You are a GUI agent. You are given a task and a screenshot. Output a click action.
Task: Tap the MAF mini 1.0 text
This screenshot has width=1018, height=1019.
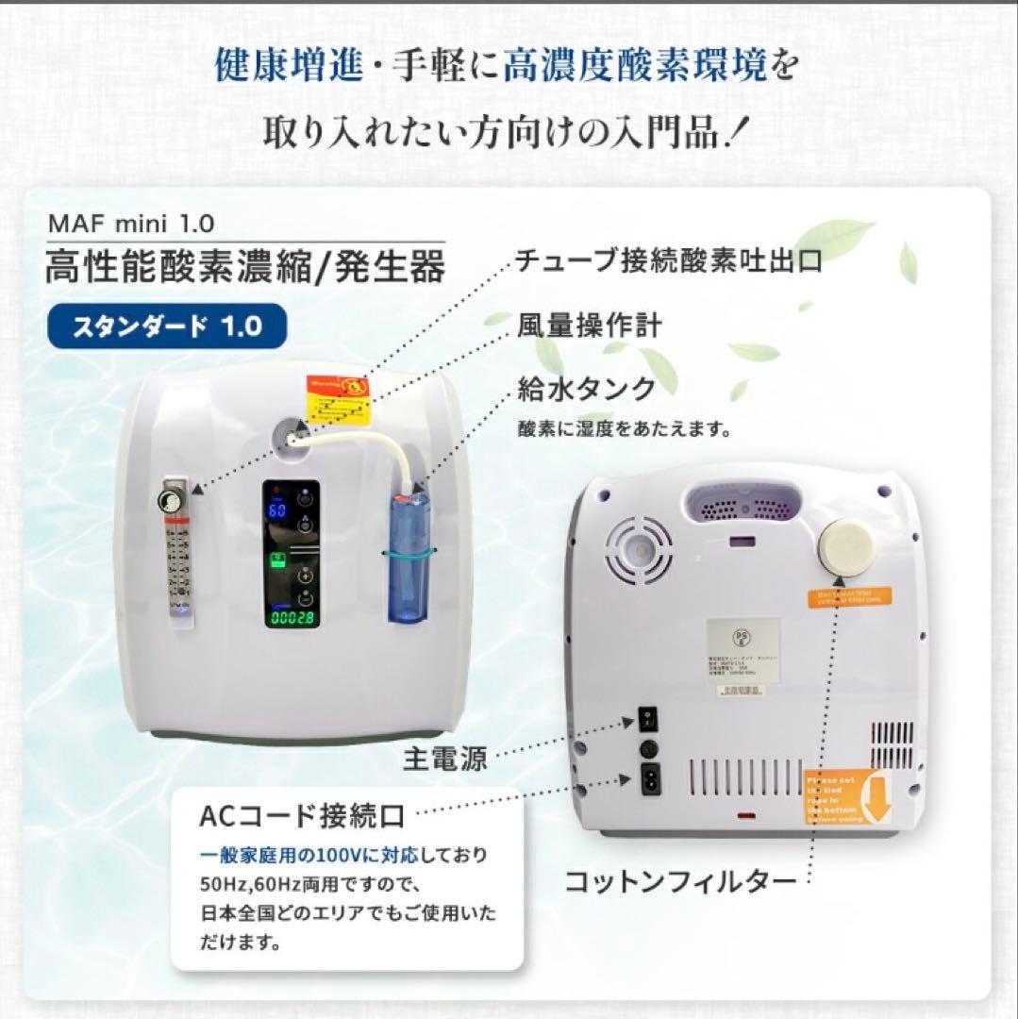pyautogui.click(x=130, y=224)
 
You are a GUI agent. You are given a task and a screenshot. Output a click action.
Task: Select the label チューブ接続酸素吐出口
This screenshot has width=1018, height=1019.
pyautogui.click(x=669, y=261)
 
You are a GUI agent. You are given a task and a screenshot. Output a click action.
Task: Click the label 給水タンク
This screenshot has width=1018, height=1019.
pyautogui.click(x=585, y=387)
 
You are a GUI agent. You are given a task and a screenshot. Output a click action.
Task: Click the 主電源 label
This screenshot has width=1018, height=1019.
pyautogui.click(x=446, y=758)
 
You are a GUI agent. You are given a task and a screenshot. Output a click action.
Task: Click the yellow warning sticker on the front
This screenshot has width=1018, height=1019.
pyautogui.click(x=338, y=397)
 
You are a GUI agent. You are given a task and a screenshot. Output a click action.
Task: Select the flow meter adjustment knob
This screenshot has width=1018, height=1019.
pyautogui.click(x=172, y=501)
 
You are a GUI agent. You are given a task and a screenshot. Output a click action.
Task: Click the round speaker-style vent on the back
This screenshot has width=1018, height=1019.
pyautogui.click(x=639, y=549)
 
